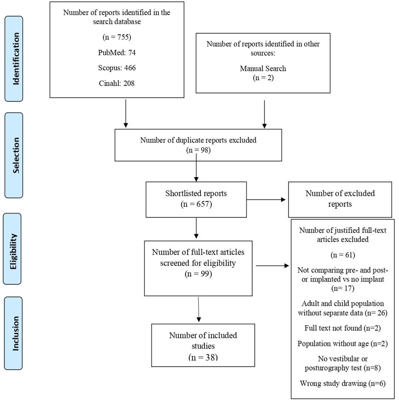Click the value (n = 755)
coord(117,37)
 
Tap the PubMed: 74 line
coord(117,53)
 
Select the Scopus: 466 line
coord(117,68)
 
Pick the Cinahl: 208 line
coord(117,83)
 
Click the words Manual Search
coord(263,68)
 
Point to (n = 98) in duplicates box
coord(198,150)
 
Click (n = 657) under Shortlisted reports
coord(196,204)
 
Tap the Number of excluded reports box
coord(340,199)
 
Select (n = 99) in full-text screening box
coord(198,274)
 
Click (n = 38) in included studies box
coord(203,357)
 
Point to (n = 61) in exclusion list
coord(343,255)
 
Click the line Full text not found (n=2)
coord(343,328)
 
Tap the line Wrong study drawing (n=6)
coord(343,383)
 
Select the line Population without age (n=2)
coord(343,344)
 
